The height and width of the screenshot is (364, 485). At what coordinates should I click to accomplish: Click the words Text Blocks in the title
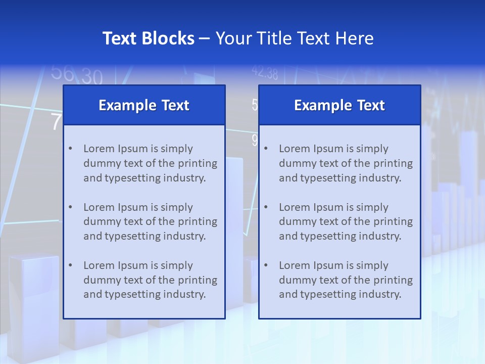pyautogui.click(x=149, y=38)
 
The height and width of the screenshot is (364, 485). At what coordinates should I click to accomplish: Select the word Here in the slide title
pyautogui.click(x=354, y=38)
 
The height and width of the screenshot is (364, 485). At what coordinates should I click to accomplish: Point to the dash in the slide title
pyautogui.click(x=205, y=39)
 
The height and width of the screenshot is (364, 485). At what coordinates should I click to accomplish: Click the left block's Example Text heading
pyautogui.click(x=144, y=105)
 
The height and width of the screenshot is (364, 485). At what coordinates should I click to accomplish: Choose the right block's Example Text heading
pyautogui.click(x=339, y=105)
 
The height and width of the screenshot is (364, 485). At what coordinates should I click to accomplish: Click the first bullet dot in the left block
pyautogui.click(x=71, y=149)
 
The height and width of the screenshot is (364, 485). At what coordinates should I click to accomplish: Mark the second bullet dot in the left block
pyautogui.click(x=71, y=207)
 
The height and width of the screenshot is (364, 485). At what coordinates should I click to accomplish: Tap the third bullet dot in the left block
pyautogui.click(x=71, y=265)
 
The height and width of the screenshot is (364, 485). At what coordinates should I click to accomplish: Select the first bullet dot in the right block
pyautogui.click(x=266, y=149)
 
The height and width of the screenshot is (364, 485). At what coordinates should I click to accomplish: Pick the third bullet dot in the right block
pyautogui.click(x=266, y=265)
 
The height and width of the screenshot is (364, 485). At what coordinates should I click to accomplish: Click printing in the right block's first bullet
pyautogui.click(x=394, y=163)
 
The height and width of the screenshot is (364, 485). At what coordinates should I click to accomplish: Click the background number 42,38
pyautogui.click(x=265, y=74)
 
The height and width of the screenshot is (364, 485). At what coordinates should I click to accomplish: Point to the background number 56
pyautogui.click(x=63, y=73)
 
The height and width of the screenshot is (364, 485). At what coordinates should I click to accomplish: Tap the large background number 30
pyautogui.click(x=92, y=77)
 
